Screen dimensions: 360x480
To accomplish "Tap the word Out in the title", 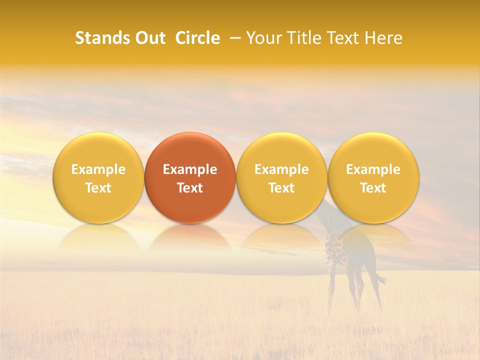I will pos(148,38).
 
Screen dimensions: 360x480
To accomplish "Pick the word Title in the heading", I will pos(306,38).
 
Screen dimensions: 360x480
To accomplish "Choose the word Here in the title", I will pos(383,38).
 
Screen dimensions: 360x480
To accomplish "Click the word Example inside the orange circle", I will pos(190,169).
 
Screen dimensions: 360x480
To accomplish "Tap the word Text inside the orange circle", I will pos(190,188).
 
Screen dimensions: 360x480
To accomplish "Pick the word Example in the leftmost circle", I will pos(98,169).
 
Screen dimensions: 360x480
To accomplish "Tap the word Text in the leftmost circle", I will pos(98,188).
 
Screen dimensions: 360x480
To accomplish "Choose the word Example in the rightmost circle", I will pos(373,169).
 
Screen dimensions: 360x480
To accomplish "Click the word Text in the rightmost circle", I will pos(373,188).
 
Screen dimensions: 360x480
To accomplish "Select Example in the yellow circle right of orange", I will pos(281,169).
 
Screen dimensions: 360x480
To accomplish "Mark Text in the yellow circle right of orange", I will pos(281,188).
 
